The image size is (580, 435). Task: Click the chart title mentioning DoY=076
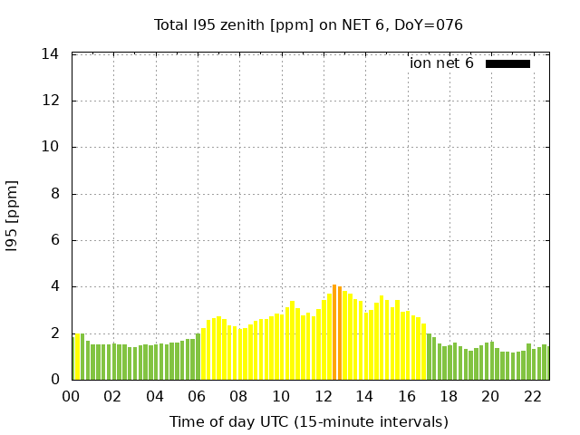(x=308, y=24)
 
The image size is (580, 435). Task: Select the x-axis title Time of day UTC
(x=308, y=421)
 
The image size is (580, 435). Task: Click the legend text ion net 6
(x=441, y=63)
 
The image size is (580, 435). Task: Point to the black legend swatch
(x=507, y=63)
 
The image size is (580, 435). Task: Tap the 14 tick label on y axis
(x=51, y=54)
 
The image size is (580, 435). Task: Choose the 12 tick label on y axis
(x=51, y=101)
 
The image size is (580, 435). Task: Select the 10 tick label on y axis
(x=51, y=148)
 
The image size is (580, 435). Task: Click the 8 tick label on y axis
(x=54, y=194)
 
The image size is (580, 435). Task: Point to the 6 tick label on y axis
(x=54, y=240)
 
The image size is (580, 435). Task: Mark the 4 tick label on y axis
(x=54, y=287)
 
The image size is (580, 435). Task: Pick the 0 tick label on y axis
(x=54, y=380)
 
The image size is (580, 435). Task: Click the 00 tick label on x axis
(x=72, y=397)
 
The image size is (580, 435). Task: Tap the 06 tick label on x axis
(x=198, y=397)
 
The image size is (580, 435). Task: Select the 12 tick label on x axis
(x=323, y=397)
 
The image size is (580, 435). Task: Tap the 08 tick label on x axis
(x=239, y=397)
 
